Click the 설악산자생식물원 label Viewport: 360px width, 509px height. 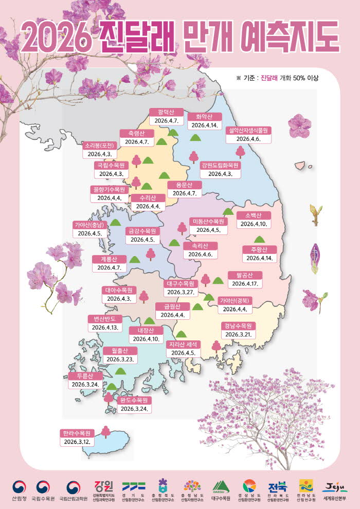[249, 130]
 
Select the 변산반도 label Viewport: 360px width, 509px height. [104, 318]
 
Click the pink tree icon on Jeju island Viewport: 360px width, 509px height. [105, 431]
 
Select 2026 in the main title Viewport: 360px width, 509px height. [55, 35]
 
